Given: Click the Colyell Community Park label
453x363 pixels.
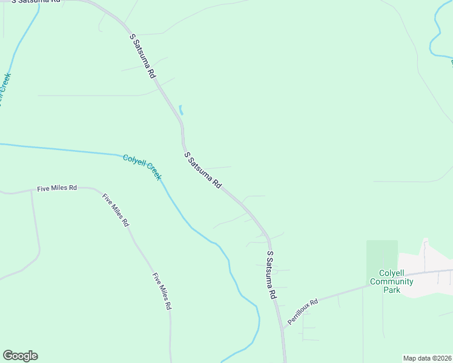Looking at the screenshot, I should click(x=392, y=281).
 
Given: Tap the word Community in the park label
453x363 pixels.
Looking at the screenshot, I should click(x=392, y=281).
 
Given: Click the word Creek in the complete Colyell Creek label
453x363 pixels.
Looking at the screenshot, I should click(x=154, y=173).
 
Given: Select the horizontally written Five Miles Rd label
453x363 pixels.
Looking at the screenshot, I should click(x=57, y=188).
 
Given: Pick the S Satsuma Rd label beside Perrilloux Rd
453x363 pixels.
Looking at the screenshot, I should click(x=271, y=275).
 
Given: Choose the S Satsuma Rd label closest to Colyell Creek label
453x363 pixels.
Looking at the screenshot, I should click(x=203, y=170).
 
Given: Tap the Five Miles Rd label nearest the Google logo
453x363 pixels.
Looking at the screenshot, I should click(x=162, y=292).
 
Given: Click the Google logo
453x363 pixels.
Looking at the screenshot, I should click(x=20, y=356).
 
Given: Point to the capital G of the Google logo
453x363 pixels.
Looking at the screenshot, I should click(x=8, y=356).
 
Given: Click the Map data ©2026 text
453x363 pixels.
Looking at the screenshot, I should click(x=428, y=358).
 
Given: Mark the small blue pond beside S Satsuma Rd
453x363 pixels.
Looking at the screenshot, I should click(x=180, y=110).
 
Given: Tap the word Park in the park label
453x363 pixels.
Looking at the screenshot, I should click(x=392, y=290).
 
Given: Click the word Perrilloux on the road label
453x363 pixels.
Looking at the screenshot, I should click(x=299, y=314).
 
